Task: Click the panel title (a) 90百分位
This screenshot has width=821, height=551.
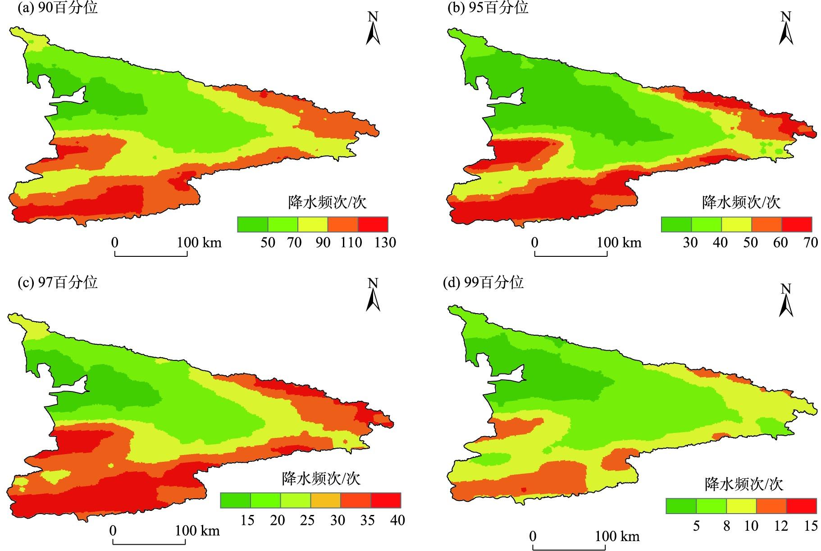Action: [57, 8]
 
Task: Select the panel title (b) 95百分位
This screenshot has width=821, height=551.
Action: [488, 8]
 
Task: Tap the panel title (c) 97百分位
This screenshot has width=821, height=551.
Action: [57, 282]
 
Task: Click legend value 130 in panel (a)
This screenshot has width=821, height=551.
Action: [385, 242]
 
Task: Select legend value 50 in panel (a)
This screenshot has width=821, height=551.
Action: [268, 242]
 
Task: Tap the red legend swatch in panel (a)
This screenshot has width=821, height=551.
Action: [373, 224]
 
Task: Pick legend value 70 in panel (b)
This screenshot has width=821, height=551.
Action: [811, 242]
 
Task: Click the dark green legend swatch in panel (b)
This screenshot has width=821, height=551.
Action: [676, 224]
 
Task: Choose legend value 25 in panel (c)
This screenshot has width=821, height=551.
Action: [307, 520]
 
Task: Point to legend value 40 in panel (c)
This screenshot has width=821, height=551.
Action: [397, 520]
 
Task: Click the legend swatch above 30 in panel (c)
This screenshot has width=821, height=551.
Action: [325, 501]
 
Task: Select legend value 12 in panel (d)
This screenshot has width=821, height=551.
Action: [781, 525]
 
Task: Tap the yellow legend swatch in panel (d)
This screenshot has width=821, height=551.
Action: [741, 506]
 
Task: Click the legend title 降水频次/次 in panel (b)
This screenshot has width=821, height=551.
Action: [741, 202]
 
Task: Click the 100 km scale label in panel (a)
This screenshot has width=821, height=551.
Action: [199, 242]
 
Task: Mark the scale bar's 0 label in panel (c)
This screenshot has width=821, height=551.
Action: [113, 530]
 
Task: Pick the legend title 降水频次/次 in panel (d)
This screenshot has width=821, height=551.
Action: [743, 484]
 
